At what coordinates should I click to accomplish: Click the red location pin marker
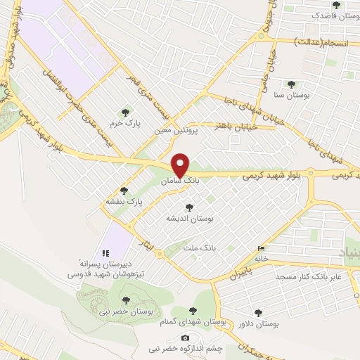coord(181,165)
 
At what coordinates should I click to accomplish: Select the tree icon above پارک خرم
coord(126,112)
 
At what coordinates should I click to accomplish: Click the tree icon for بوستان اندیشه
coord(188,207)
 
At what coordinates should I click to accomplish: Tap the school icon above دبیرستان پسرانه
coord(106,253)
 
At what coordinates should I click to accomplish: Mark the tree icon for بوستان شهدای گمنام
coord(193,311)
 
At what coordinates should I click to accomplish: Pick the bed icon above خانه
coord(262,248)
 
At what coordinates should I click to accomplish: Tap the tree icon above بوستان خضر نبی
coord(126,300)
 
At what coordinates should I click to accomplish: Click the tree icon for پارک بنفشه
coord(124,190)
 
